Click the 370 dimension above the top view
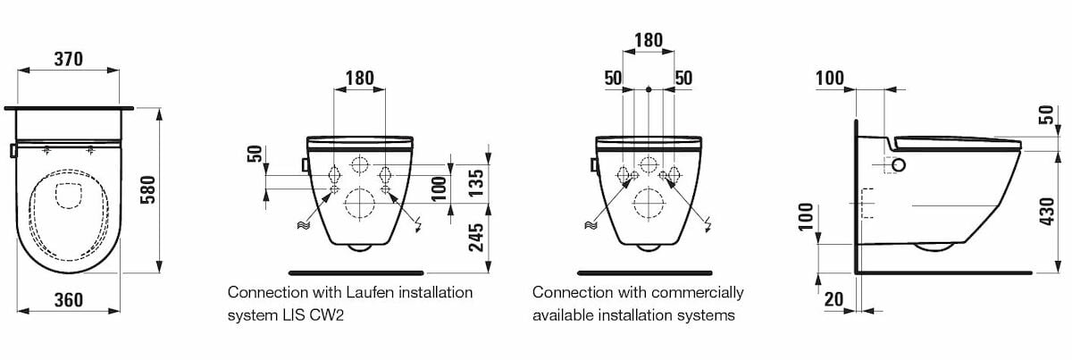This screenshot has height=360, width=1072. coord(68,59)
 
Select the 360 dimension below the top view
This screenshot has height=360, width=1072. coord(68,300)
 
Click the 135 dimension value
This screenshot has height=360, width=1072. coord(478,182)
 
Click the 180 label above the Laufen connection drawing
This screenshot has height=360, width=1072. coord(359,78)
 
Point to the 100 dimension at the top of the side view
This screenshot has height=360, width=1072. coord(830,78)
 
